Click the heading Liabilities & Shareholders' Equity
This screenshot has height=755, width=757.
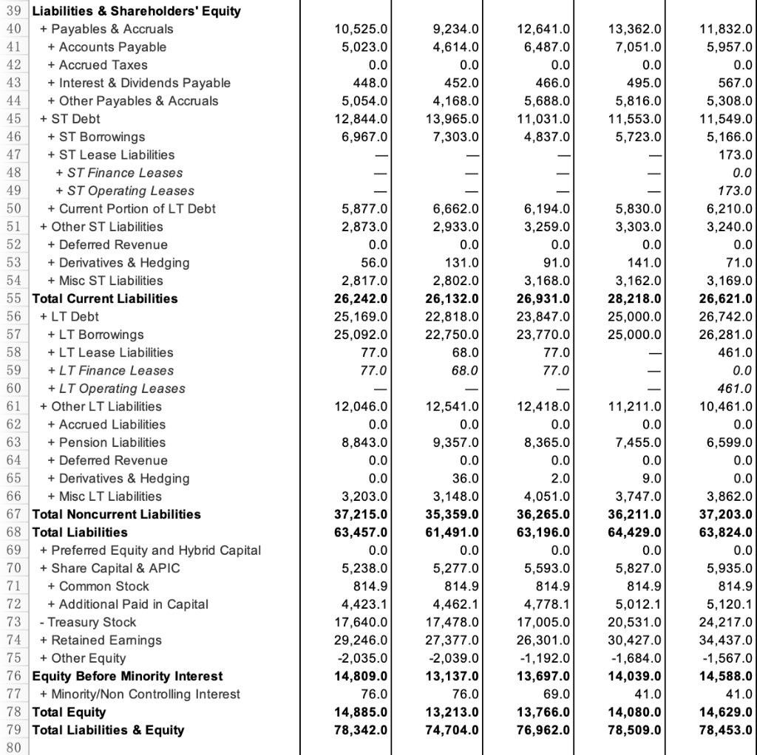coord(136,11)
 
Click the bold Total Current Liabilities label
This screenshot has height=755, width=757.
coord(105,298)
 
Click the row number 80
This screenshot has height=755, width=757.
coord(14,748)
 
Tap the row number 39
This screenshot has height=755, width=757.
coord(14,11)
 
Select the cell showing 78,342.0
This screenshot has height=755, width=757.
coord(362,730)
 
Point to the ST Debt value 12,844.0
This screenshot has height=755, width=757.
coord(362,119)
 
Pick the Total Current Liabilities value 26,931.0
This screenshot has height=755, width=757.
coord(543,298)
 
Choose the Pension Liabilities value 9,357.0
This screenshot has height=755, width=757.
coord(456,443)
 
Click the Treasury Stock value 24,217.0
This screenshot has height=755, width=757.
coord(726,622)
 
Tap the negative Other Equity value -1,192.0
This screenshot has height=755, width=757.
coord(545,658)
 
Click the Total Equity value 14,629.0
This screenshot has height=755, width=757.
coord(726,712)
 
